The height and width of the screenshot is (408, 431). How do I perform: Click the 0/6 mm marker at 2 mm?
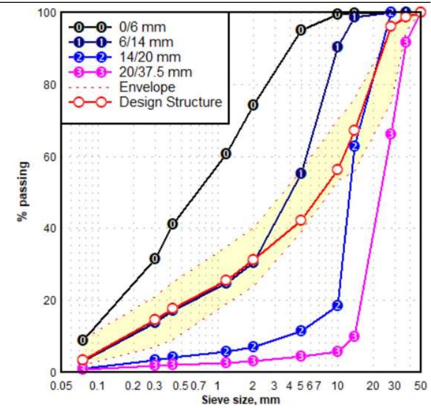(253, 105)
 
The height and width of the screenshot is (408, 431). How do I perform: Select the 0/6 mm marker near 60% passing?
(226, 154)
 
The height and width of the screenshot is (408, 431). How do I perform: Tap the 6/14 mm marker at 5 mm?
(301, 173)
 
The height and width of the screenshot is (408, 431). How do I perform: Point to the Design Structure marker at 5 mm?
(301, 220)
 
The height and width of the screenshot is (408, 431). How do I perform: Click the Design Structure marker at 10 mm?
(337, 170)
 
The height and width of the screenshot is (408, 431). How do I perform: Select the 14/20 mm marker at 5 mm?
(301, 331)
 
